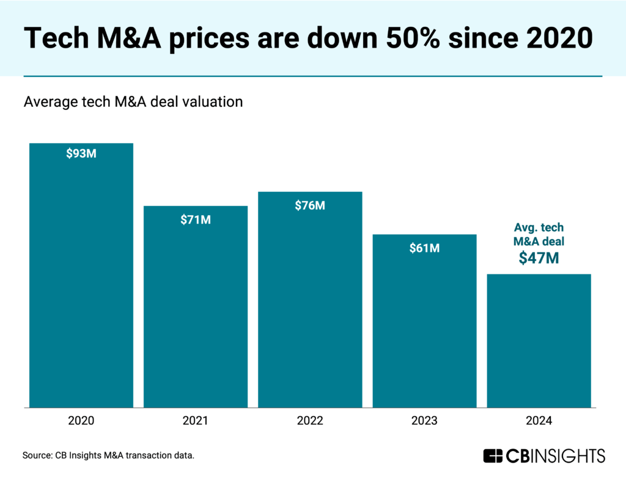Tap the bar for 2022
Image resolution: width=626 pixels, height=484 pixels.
pos(310,299)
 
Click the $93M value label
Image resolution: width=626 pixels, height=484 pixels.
pos(81,153)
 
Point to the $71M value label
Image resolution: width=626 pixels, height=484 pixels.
pos(196,220)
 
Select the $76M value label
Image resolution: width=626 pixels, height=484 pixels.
pos(310,205)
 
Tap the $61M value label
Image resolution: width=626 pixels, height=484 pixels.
pos(424,248)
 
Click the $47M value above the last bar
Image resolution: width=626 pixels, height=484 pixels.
pos(539,258)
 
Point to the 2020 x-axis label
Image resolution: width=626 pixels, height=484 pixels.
pos(81,421)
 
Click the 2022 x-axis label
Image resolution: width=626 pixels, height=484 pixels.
pos(310,421)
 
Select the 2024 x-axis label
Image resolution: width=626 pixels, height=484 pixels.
pos(539,421)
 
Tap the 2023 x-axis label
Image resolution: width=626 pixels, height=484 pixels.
pos(424,421)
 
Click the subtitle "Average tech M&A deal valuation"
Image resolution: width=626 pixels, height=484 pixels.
pos(133,102)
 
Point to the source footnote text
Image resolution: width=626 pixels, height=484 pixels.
pos(108,456)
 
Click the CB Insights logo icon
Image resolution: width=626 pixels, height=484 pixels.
pos(493,456)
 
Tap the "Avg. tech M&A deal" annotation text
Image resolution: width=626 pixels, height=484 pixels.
pos(539,234)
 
